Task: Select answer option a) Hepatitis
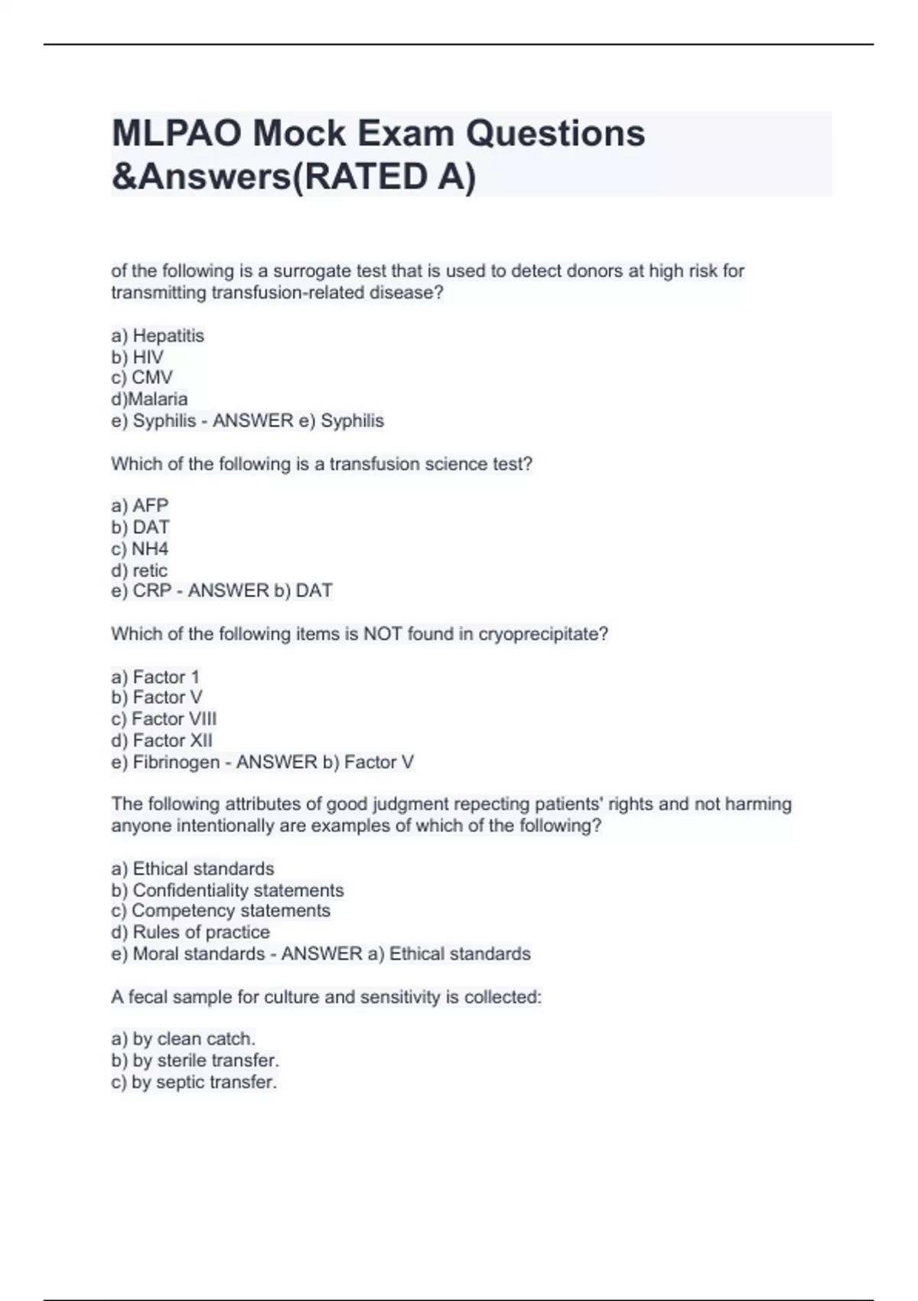[x=158, y=335]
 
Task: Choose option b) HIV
[x=138, y=357]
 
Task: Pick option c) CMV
[x=142, y=377]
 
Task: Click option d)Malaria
[x=149, y=399]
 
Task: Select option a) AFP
[x=140, y=505]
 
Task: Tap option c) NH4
[x=140, y=548]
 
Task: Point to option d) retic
[x=139, y=569]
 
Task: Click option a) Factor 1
[x=155, y=677]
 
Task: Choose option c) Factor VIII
[x=164, y=719]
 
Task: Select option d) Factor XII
[x=161, y=740]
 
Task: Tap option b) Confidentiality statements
[x=227, y=890]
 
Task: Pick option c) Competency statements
[x=220, y=911]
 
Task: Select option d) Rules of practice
[x=190, y=932]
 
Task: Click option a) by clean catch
[x=183, y=1039]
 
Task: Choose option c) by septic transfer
[x=194, y=1082]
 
